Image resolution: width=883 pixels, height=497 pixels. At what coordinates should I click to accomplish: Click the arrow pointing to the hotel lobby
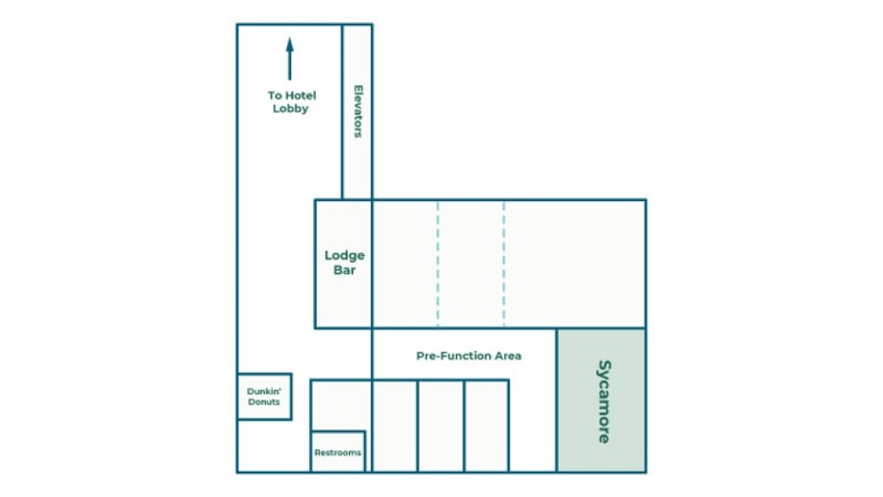(x=290, y=59)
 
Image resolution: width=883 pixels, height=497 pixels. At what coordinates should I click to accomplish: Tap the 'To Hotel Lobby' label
(x=292, y=102)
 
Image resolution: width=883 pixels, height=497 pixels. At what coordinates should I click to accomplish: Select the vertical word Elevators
(x=357, y=111)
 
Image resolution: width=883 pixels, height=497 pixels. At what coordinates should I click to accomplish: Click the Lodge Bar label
(x=344, y=263)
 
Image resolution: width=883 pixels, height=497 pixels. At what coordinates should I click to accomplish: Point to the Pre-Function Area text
(x=469, y=355)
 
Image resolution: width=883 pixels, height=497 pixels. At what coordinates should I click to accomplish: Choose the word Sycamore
(x=604, y=401)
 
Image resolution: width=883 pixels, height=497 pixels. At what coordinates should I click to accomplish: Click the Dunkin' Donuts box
(x=264, y=396)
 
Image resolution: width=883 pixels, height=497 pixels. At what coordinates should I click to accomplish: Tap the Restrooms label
(x=337, y=453)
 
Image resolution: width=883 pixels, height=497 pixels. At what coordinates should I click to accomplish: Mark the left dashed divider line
(x=437, y=263)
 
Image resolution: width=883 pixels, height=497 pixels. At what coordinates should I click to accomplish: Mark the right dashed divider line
(x=503, y=263)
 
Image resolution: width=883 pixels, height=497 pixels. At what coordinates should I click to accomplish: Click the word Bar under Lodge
(x=344, y=270)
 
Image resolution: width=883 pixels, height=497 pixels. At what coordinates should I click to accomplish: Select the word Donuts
(x=263, y=402)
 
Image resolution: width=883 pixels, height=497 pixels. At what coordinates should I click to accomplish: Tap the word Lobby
(x=290, y=109)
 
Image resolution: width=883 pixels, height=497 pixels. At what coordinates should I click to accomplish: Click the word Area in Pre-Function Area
(x=508, y=355)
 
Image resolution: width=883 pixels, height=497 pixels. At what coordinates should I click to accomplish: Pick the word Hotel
(x=301, y=95)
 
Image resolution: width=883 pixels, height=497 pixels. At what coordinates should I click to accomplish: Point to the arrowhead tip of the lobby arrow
(x=290, y=37)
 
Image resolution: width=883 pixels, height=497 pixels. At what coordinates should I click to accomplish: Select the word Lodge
(x=344, y=256)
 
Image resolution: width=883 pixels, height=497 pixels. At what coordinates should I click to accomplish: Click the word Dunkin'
(x=264, y=391)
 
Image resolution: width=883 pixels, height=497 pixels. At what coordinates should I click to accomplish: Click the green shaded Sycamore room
(x=601, y=400)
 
